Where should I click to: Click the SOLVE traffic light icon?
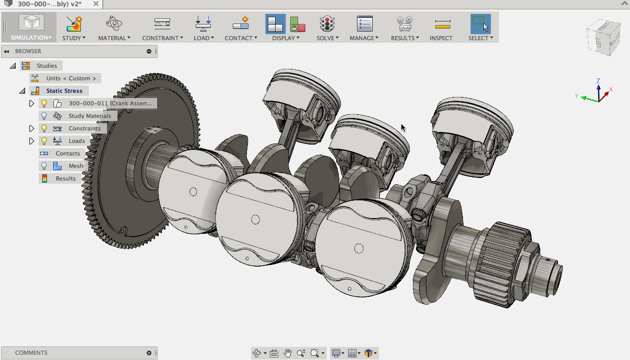[x=327, y=24]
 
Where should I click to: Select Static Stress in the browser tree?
[x=64, y=91]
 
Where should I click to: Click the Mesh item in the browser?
[x=76, y=166]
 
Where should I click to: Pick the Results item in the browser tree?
[x=66, y=178]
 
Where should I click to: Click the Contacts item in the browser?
[x=68, y=153]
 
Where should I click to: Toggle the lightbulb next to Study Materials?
[x=44, y=116]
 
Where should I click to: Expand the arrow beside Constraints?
[x=31, y=128]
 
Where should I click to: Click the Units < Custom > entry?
[x=71, y=78]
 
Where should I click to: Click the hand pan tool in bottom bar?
[x=288, y=353]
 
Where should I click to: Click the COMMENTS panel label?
[x=31, y=353]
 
